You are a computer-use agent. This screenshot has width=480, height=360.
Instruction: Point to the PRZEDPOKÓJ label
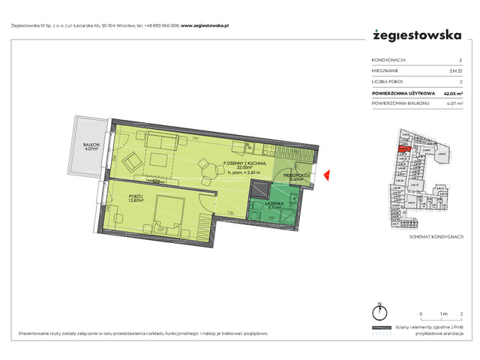295,175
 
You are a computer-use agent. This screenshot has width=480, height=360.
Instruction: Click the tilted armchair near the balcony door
128,159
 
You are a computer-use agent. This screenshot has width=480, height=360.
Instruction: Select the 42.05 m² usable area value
452,92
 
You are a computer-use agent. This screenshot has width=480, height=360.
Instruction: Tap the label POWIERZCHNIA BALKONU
403,103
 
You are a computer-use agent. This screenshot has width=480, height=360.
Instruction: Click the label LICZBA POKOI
387,81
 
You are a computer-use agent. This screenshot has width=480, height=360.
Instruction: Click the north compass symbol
380,313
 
